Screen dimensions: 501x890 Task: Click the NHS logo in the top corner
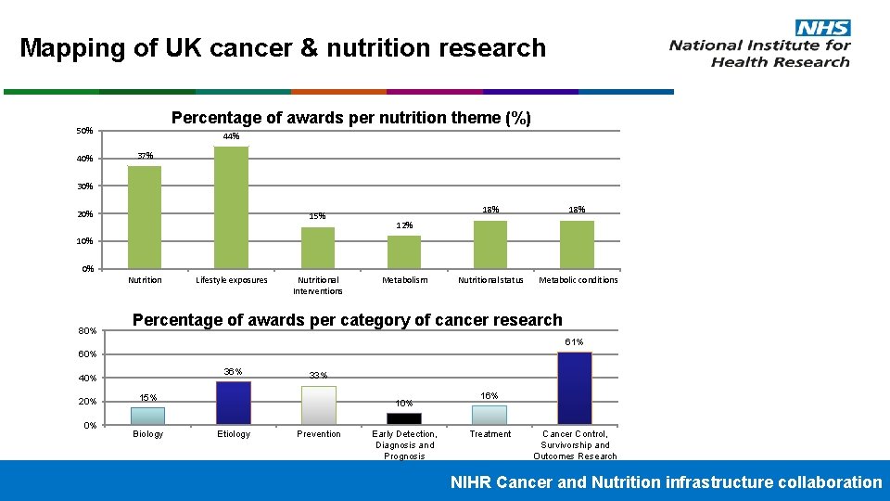822,28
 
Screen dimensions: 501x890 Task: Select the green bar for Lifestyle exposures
231,207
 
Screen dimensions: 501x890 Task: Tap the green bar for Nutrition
145,217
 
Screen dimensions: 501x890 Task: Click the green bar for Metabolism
404,251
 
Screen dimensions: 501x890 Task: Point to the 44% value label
231,137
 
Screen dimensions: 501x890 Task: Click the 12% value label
404,225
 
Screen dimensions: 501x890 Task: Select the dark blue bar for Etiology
234,403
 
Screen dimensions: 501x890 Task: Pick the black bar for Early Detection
404,418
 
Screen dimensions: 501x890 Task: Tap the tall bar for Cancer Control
575,388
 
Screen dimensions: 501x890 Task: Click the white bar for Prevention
319,405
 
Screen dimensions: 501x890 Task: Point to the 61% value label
575,342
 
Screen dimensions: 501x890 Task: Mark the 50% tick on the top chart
84,131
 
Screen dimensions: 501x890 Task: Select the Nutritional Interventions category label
318,285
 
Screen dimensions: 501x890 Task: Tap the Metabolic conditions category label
578,280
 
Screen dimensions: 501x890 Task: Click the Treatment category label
490,434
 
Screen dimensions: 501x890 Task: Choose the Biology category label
148,434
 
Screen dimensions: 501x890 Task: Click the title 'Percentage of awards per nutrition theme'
351,118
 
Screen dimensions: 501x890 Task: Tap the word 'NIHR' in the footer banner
471,482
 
